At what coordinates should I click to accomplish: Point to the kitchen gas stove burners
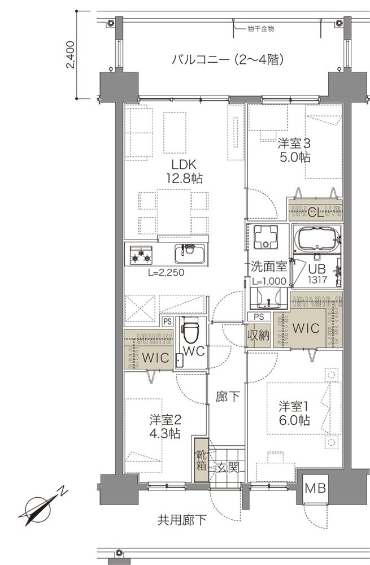point(142,255)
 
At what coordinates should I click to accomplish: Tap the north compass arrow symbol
point(42,505)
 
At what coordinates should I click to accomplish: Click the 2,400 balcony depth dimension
point(70,55)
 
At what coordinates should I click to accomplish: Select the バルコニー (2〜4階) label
point(227,59)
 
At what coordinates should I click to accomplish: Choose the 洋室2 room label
point(165,427)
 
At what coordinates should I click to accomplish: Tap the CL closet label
point(316,212)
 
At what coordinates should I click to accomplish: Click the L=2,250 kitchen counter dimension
point(167,272)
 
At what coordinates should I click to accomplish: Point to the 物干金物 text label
point(260,29)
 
